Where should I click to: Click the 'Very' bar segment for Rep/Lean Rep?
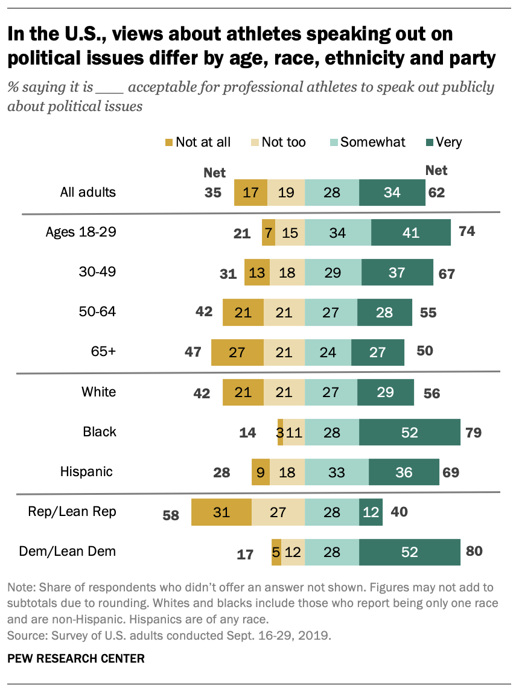[x=371, y=512]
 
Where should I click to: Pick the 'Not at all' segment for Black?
[x=280, y=432]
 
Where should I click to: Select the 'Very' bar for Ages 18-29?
[x=410, y=232]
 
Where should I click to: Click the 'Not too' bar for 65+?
[x=284, y=352]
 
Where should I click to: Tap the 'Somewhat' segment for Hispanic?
[x=337, y=472]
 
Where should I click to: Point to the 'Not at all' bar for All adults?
[x=250, y=193]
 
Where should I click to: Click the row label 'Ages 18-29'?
[x=81, y=232]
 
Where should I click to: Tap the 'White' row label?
[x=99, y=392]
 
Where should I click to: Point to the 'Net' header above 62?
[x=436, y=171]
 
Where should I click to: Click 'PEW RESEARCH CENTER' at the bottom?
[x=76, y=658]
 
